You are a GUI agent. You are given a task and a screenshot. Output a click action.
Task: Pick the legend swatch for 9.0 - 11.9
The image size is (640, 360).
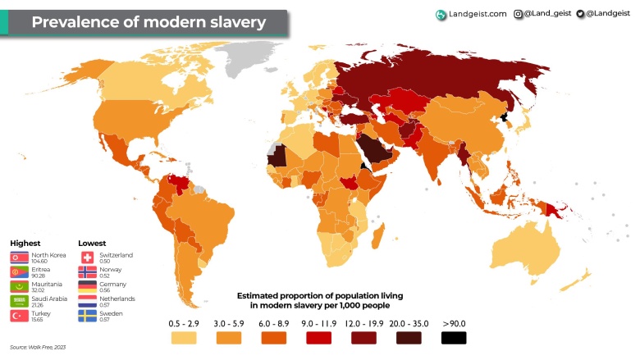point(318,336)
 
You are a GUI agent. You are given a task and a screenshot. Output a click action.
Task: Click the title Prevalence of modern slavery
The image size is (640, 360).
point(148,22)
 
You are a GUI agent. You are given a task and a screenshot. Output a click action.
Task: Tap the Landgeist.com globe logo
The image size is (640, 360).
point(441,14)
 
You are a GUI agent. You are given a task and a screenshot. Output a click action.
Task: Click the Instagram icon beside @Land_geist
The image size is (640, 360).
point(519,14)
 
